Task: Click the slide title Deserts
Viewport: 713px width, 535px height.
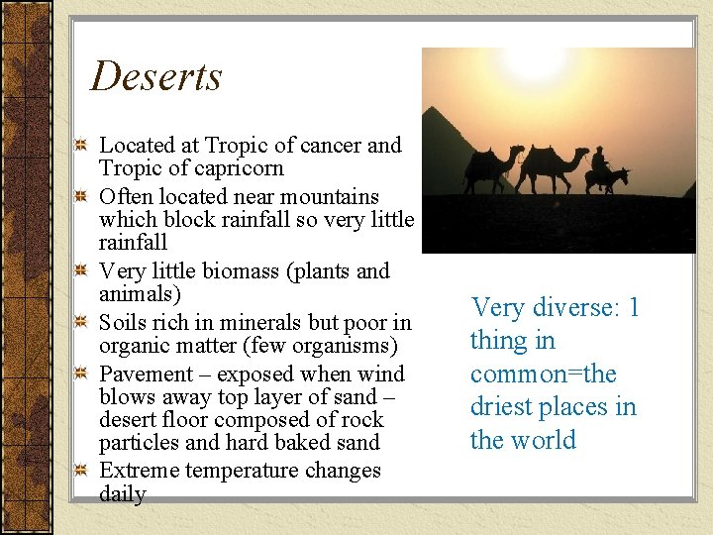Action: pyautogui.click(x=156, y=77)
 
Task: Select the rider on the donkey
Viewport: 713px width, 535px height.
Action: pyautogui.click(x=599, y=162)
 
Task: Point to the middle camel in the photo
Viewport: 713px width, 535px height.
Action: pyautogui.click(x=551, y=166)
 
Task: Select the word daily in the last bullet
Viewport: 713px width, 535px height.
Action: pyautogui.click(x=122, y=493)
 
